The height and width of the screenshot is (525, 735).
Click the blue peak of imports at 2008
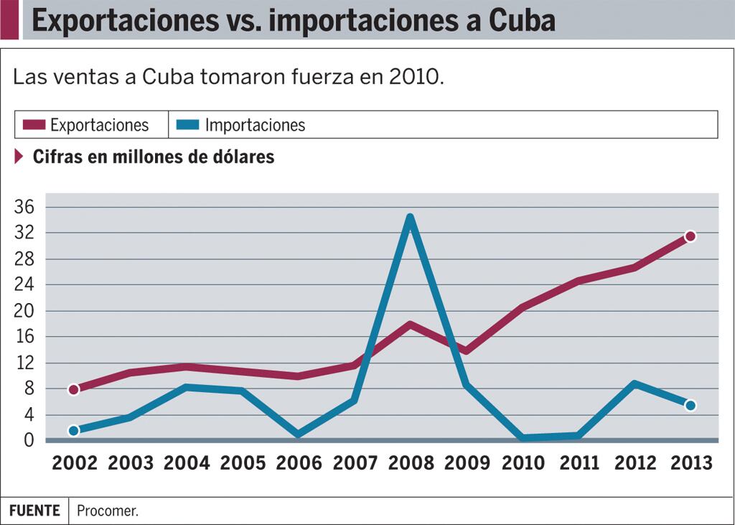(410, 218)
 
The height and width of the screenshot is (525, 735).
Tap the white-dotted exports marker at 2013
(690, 236)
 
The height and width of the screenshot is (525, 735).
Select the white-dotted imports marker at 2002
(74, 430)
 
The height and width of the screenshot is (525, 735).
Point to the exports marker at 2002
(74, 389)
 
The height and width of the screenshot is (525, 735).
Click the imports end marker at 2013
(690, 405)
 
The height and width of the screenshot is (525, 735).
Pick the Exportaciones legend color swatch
(34, 125)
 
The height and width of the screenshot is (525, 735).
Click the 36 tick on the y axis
(24, 207)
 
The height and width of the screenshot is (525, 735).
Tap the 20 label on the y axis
(24, 311)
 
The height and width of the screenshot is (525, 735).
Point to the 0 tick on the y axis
(29, 440)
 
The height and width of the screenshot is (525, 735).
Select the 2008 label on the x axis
(411, 463)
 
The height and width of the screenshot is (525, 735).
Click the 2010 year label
(523, 463)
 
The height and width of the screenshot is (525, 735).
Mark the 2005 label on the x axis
(243, 463)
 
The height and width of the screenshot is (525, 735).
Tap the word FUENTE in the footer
(34, 511)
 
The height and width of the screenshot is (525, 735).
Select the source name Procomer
(108, 511)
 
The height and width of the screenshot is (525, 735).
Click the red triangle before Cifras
(19, 156)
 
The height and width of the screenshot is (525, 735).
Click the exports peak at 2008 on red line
(410, 324)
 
